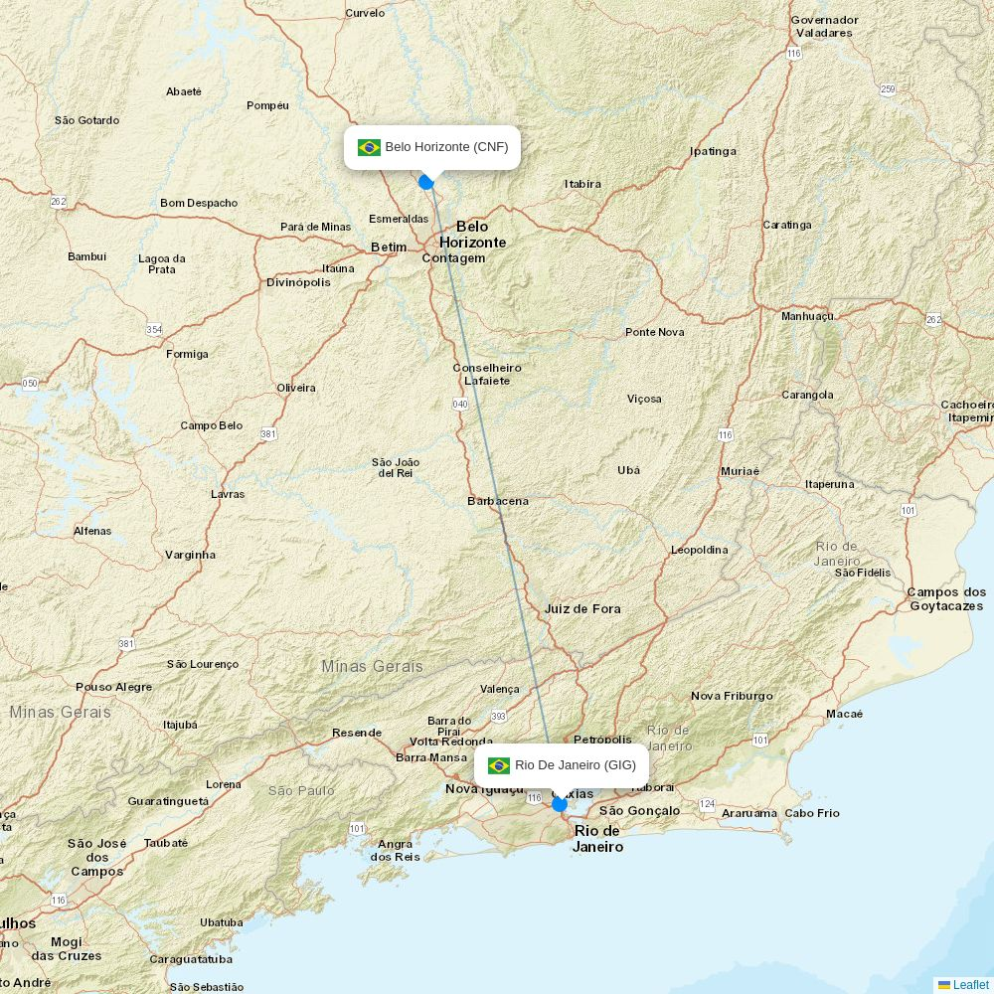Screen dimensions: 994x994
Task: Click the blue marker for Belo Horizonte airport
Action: point(426,182)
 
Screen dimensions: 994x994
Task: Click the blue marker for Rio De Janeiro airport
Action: point(560,803)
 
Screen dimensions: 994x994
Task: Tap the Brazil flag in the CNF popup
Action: point(369,147)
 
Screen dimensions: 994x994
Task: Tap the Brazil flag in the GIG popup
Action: point(499,765)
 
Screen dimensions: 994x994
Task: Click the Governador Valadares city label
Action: point(824,26)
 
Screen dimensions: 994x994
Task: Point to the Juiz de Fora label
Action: point(582,608)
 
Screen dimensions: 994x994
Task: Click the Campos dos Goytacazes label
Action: point(945,598)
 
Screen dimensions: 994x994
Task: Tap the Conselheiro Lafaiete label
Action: point(487,374)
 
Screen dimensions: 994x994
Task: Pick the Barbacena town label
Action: point(498,501)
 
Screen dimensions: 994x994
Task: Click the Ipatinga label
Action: point(713,151)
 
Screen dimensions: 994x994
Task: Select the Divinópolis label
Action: point(298,282)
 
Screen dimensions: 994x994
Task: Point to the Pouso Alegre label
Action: point(114,687)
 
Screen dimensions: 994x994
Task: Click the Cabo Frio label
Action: point(812,813)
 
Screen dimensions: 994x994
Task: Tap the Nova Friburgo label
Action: point(732,696)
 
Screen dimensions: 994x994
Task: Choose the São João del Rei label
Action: point(396,467)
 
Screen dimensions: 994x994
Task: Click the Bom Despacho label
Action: point(199,203)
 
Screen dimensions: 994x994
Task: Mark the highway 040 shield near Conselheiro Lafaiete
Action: point(460,404)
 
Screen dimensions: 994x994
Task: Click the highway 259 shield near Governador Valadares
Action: point(888,89)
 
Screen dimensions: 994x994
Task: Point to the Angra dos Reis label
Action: point(395,850)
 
